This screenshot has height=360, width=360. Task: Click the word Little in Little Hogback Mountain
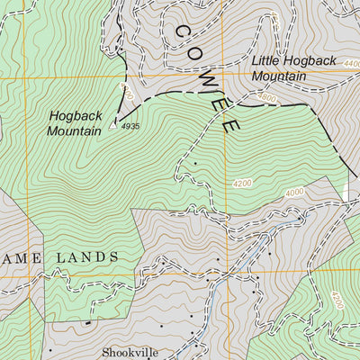pyautogui.click(x=267, y=61)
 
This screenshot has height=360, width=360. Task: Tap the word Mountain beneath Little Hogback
pyautogui.click(x=279, y=76)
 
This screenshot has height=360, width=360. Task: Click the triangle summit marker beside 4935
pyautogui.click(x=113, y=125)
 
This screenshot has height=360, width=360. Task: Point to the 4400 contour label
pyautogui.click(x=352, y=64)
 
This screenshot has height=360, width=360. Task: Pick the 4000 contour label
pyautogui.click(x=294, y=193)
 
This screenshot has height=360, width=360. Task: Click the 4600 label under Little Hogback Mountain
pyautogui.click(x=266, y=96)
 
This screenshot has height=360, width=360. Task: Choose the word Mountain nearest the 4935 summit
pyautogui.click(x=74, y=131)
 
